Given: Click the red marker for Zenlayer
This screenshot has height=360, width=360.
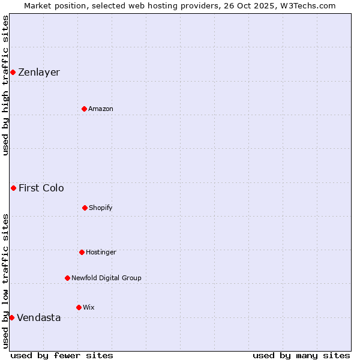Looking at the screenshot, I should pos(13,73).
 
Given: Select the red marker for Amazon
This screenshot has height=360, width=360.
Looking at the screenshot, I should pos(85,109).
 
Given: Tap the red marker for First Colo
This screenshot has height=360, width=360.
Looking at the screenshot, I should pos(13,188).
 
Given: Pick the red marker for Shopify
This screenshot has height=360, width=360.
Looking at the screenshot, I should pos(85,208).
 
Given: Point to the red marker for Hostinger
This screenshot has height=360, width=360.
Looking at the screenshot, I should pos(82,252).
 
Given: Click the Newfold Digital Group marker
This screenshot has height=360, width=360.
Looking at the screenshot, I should pos(67,278).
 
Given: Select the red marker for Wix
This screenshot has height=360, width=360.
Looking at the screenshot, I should pos(79,307).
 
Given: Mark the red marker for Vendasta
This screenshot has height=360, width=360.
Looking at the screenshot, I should pos(11,317).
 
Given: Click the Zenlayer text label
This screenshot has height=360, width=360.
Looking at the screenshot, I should pos(39,73).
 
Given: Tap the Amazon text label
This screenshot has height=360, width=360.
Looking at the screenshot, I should pos(101,109).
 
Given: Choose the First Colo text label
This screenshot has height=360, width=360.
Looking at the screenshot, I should pos(41,188).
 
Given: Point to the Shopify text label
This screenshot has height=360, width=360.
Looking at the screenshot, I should pos(101,208).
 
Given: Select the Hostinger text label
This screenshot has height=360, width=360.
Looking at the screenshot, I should pos(101,252).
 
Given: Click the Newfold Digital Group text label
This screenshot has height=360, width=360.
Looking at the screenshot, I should pos(106,278).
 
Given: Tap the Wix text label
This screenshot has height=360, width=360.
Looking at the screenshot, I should pos(89,307).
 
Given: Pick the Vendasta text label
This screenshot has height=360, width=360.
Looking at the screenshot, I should pos(39,317).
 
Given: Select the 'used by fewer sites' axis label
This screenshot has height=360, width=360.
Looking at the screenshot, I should pos(62,355).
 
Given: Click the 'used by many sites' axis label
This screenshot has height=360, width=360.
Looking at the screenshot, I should pos(301,355).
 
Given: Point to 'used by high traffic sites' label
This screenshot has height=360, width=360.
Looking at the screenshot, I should pos(5,85).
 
